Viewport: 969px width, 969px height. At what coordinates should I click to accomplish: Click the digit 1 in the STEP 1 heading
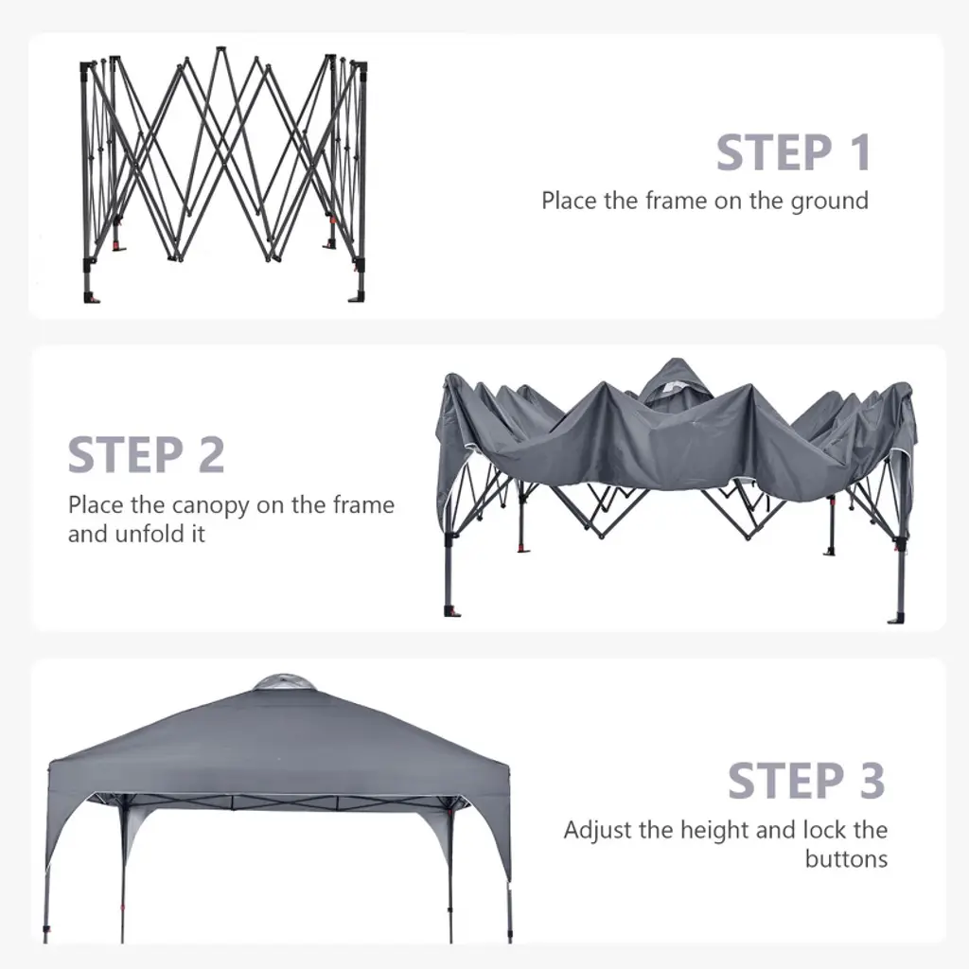pos(860,152)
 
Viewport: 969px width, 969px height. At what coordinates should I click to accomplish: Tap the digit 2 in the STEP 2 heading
pos(211,455)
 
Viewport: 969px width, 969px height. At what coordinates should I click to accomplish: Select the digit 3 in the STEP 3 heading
pos(872,781)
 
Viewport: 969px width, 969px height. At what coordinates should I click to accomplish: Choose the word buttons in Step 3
pos(846,859)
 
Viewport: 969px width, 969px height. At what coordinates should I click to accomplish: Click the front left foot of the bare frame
pos(92,298)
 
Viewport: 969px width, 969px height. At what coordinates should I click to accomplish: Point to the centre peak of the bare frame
pos(220,48)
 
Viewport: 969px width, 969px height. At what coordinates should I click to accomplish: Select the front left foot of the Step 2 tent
pos(452,612)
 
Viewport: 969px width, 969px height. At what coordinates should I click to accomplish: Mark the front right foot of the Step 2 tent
pos(896,618)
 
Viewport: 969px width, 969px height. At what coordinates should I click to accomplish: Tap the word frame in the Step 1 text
pos(677,201)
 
